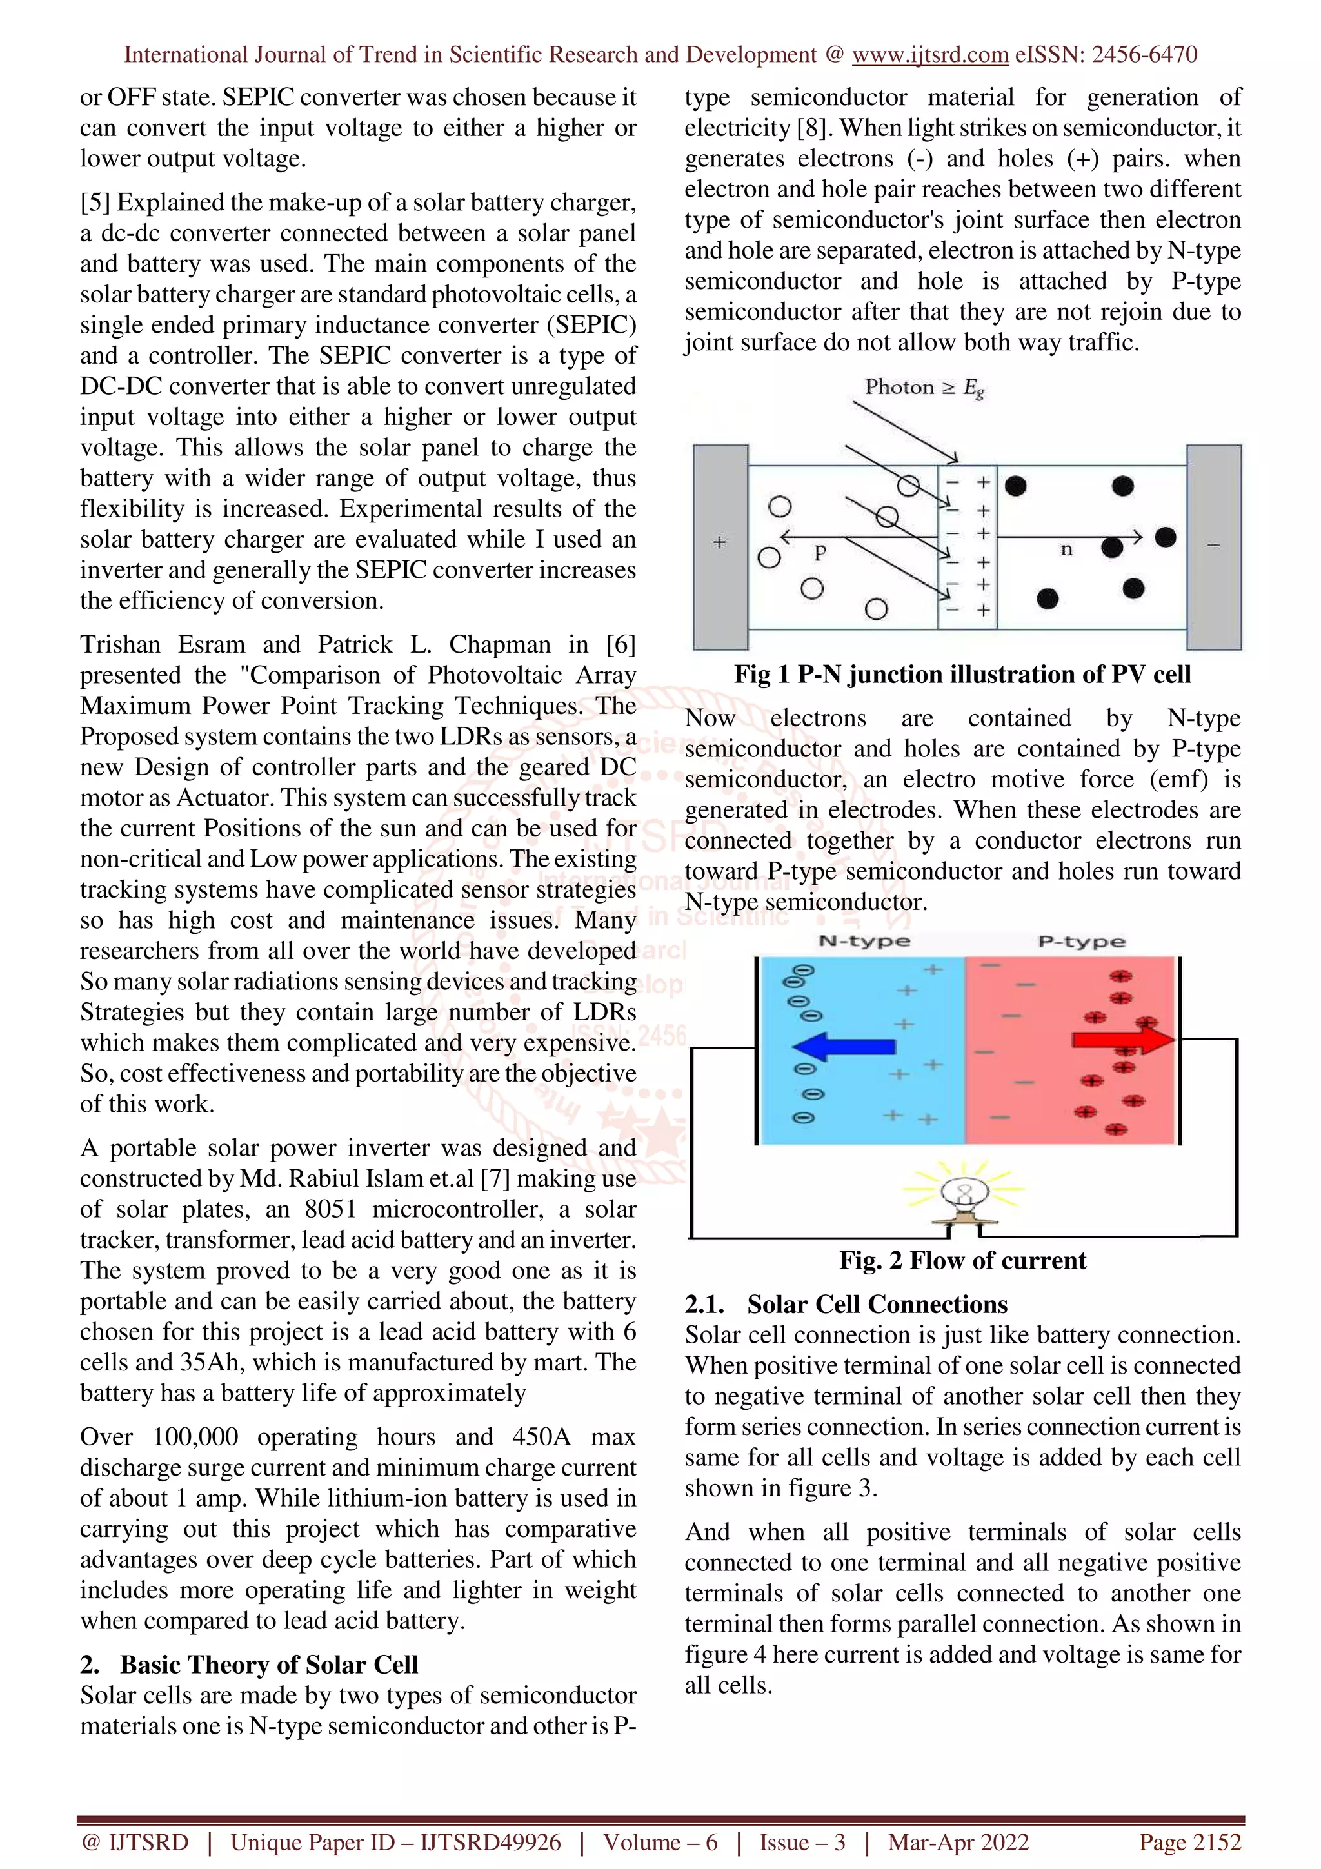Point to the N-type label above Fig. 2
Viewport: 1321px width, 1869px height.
(864, 942)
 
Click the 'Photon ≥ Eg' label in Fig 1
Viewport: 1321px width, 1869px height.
(924, 388)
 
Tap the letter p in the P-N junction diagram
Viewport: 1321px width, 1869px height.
(820, 553)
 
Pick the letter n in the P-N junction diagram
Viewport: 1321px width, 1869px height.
(1066, 550)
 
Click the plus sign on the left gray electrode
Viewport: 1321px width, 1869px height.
(719, 542)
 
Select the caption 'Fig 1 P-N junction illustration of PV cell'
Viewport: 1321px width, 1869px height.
(962, 674)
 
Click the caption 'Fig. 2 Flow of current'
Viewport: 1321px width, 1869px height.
(962, 1261)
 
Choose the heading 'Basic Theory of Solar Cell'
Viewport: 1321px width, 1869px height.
(268, 1665)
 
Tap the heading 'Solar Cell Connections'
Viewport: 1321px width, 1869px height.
(877, 1305)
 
